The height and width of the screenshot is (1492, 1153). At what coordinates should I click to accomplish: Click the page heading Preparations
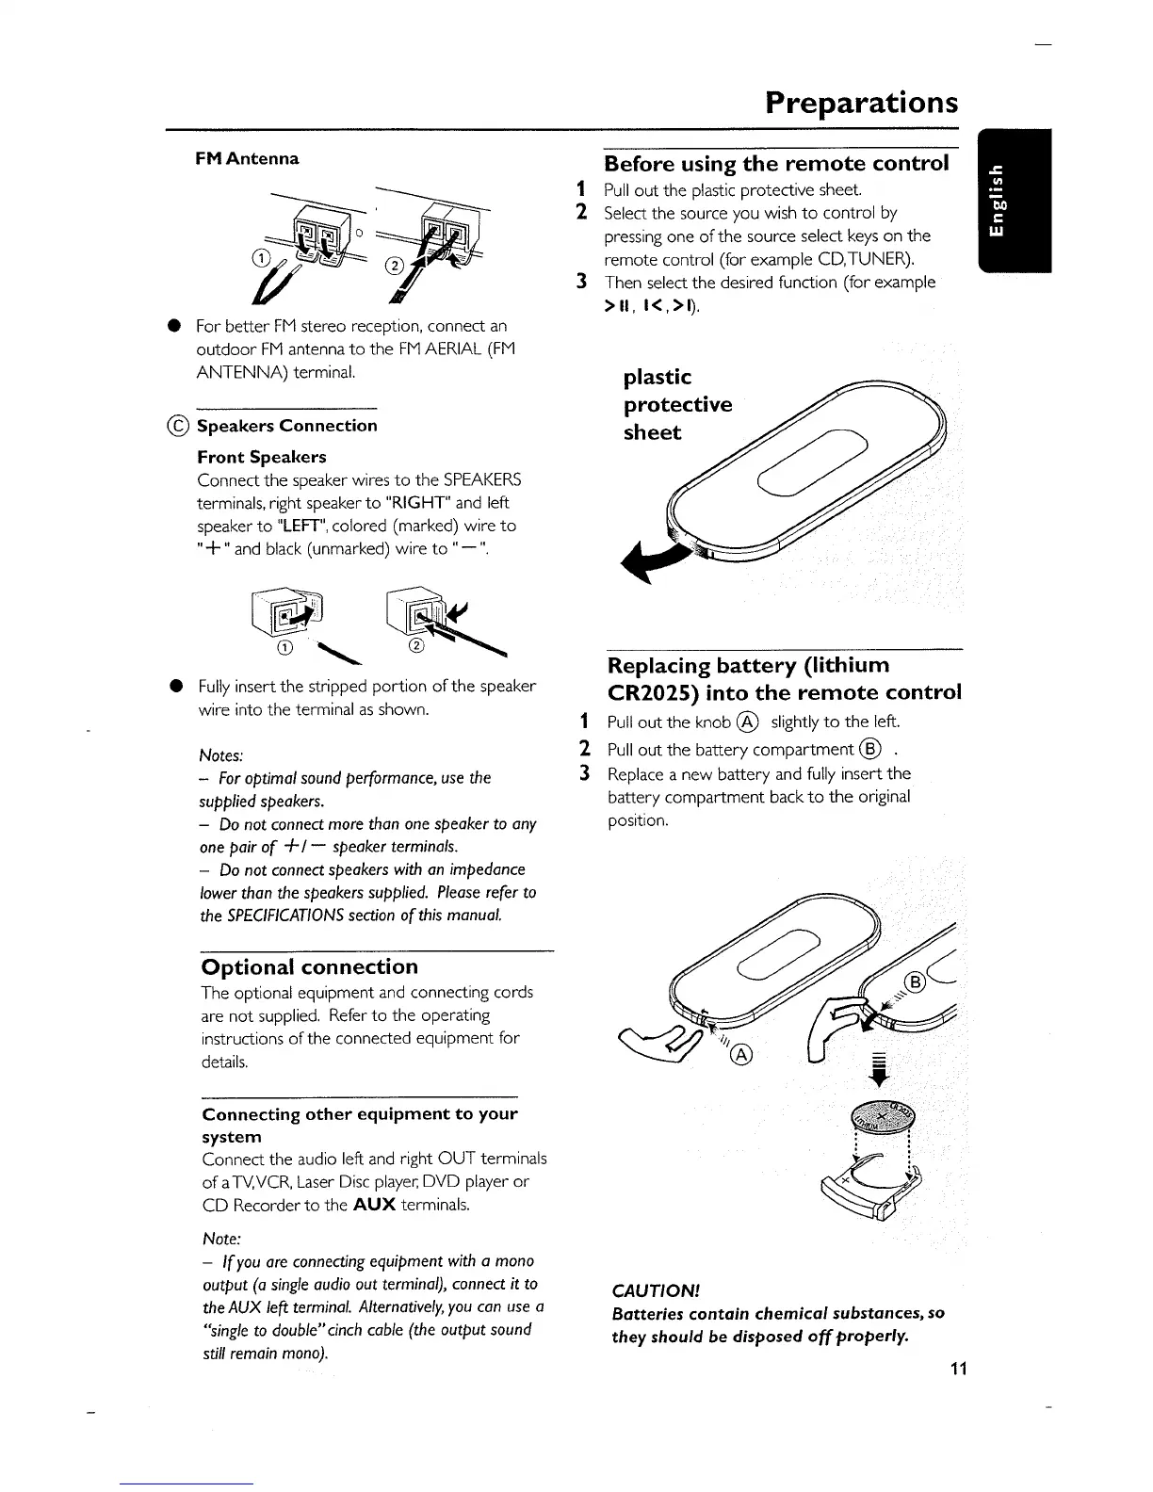coord(861,102)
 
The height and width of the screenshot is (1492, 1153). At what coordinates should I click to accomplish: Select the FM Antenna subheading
coord(247,158)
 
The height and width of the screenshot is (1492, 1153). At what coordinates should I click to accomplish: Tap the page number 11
coord(958,1369)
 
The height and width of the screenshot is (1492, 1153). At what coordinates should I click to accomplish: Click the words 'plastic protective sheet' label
coord(677,405)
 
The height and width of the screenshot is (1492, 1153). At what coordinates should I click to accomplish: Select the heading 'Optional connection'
coord(310,967)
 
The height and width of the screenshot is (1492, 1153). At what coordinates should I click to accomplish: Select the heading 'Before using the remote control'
coord(776,164)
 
